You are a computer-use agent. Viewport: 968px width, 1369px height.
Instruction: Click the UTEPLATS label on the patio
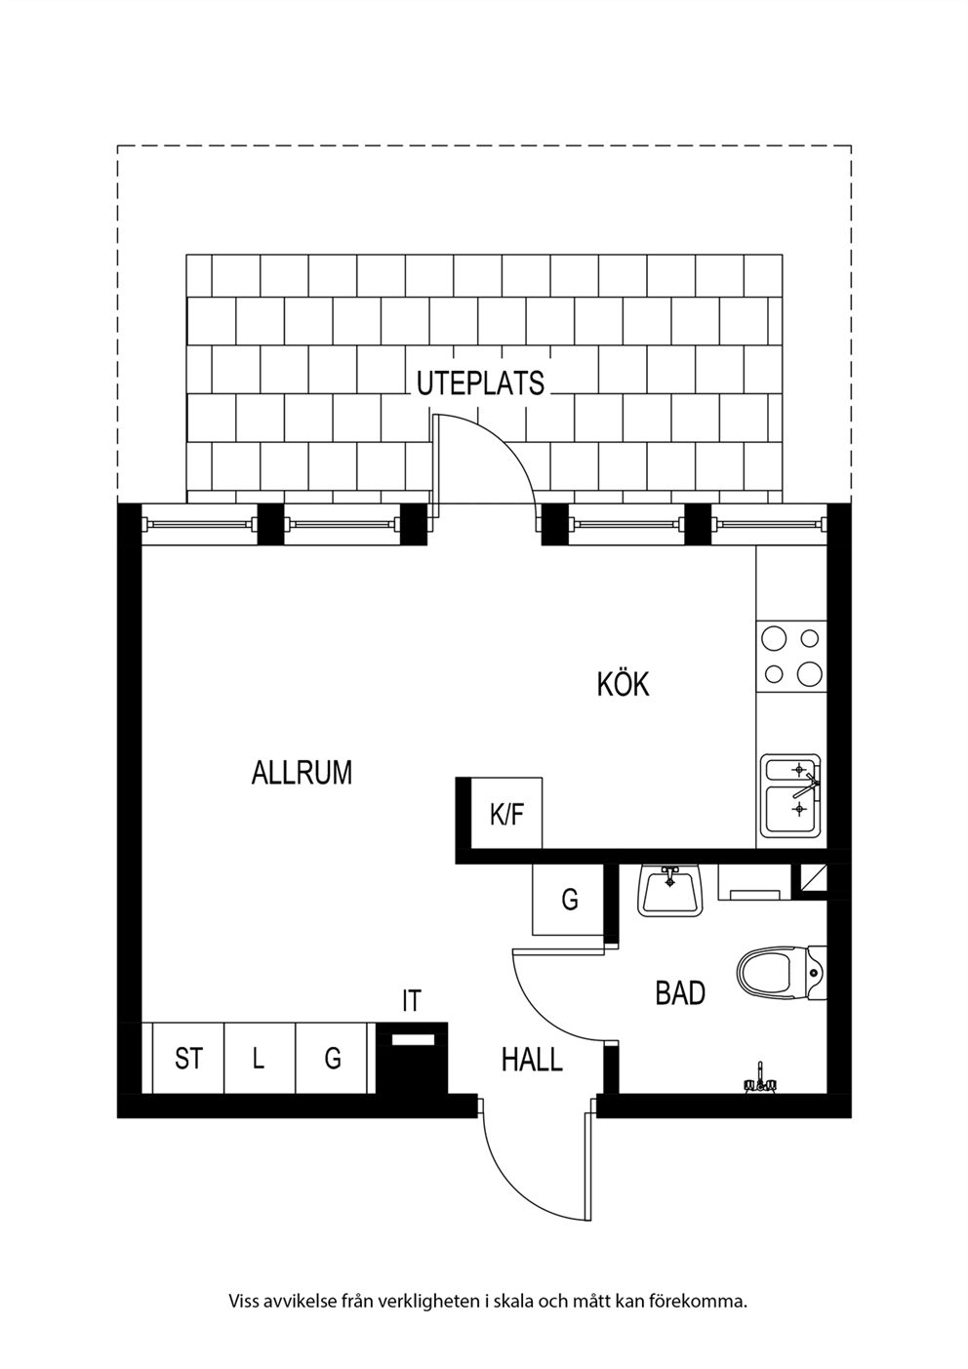(x=480, y=383)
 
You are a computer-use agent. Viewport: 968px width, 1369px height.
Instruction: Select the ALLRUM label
(x=302, y=773)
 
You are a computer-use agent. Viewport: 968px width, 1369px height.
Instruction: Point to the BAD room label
(x=680, y=993)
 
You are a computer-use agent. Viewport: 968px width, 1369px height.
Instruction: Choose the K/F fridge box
(x=506, y=813)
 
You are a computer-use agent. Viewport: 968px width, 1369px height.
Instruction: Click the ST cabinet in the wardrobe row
(x=188, y=1058)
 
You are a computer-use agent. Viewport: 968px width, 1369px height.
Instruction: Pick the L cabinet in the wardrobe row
(x=260, y=1058)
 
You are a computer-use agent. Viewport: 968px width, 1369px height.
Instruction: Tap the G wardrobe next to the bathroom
(x=568, y=900)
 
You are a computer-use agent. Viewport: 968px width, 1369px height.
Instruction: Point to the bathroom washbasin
(x=669, y=891)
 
